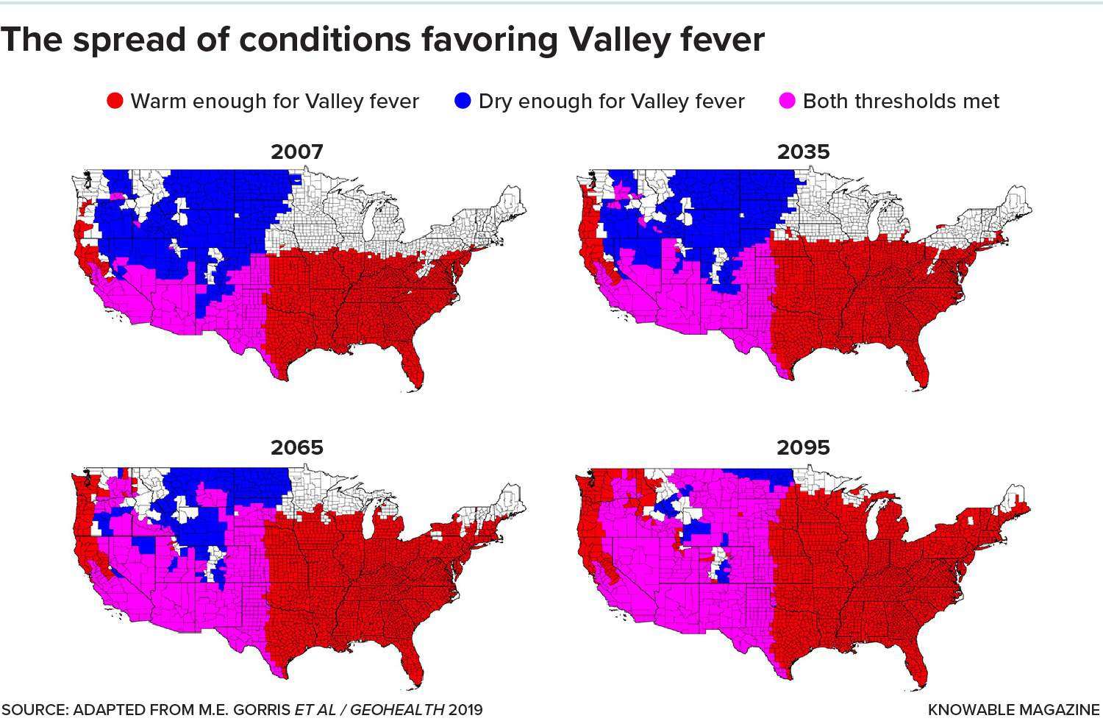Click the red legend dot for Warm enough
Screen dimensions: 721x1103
115,101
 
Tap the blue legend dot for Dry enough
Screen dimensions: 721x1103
463,101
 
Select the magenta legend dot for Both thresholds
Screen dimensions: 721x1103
788,101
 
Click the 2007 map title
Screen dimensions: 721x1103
297,152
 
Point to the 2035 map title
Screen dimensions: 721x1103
803,152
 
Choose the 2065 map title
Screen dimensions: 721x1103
297,447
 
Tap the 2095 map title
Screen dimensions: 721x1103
803,447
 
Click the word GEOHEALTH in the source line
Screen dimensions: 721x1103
396,710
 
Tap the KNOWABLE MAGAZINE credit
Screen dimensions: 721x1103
1013,710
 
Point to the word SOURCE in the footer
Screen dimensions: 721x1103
34,710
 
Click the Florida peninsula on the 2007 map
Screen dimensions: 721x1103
415,368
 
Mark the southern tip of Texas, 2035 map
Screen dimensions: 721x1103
788,374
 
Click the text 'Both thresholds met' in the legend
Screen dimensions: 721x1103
901,101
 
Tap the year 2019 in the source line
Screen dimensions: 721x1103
465,710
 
